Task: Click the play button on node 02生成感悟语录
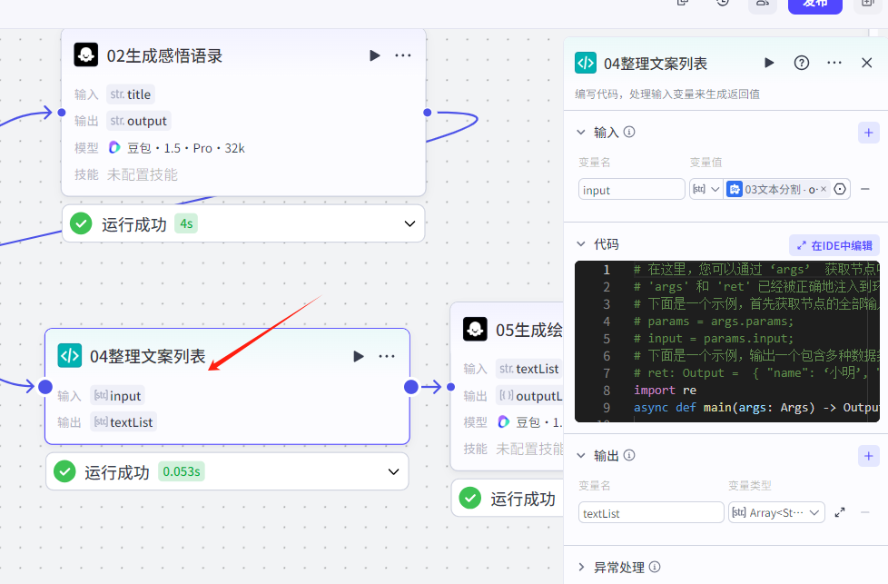point(375,55)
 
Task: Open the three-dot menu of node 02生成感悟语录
point(403,55)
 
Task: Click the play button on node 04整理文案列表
point(359,356)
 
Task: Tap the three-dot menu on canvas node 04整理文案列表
point(387,356)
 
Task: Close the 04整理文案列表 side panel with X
point(866,63)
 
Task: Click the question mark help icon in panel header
point(802,63)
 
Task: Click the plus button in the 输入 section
point(868,133)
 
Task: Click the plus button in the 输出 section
point(868,456)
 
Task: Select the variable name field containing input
point(631,190)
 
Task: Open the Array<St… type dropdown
point(776,513)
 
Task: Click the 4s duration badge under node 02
point(186,223)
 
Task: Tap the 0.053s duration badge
point(182,471)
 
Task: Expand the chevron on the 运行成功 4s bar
point(409,223)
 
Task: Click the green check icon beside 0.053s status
point(64,471)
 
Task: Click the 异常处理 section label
point(619,568)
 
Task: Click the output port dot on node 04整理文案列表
point(410,387)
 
